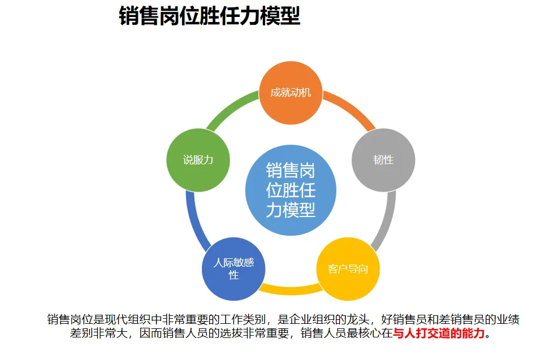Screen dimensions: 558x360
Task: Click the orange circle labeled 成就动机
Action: [291, 93]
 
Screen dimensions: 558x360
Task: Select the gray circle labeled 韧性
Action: [383, 160]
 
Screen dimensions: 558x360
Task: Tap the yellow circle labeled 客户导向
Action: [348, 268]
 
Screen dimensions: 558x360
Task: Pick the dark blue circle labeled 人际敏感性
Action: [233, 269]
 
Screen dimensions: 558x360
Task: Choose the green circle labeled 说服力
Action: [198, 160]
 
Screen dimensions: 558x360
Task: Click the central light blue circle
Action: [291, 190]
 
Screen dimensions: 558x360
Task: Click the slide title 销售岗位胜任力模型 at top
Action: [209, 16]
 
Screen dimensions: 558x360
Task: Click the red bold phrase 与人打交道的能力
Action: [439, 333]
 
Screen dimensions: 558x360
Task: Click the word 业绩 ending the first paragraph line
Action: [509, 319]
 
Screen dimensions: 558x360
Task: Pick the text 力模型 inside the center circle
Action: [291, 210]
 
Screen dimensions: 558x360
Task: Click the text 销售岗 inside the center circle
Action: [291, 170]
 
